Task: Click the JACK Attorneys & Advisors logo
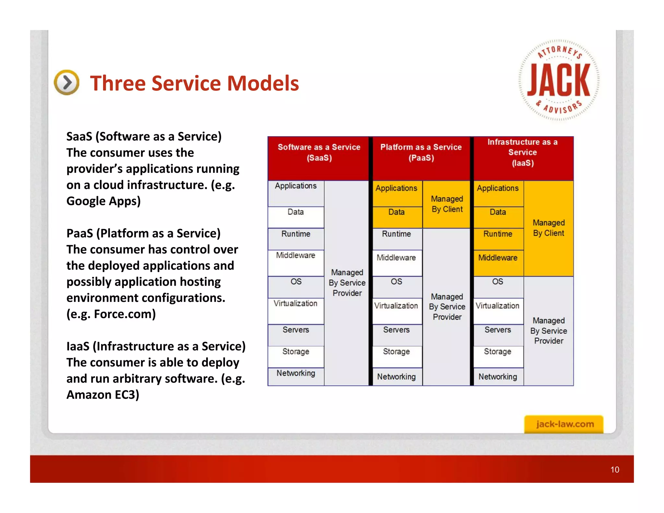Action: click(559, 80)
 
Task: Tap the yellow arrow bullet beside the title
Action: click(66, 82)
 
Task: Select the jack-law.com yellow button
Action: click(564, 424)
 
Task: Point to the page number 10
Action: click(614, 470)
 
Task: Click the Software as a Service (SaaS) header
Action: click(319, 152)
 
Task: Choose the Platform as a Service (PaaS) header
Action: click(421, 152)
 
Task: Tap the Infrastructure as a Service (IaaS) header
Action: click(522, 152)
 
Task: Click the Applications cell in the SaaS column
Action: click(296, 186)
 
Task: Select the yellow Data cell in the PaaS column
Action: click(397, 212)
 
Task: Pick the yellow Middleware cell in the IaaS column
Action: click(498, 258)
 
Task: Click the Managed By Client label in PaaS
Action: click(447, 204)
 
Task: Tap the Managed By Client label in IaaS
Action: click(549, 228)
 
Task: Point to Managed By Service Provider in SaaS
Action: click(347, 283)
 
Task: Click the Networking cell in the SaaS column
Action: click(296, 374)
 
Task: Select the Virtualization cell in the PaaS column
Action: click(396, 306)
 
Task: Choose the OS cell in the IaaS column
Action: click(498, 282)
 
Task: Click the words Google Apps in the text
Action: click(103, 201)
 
